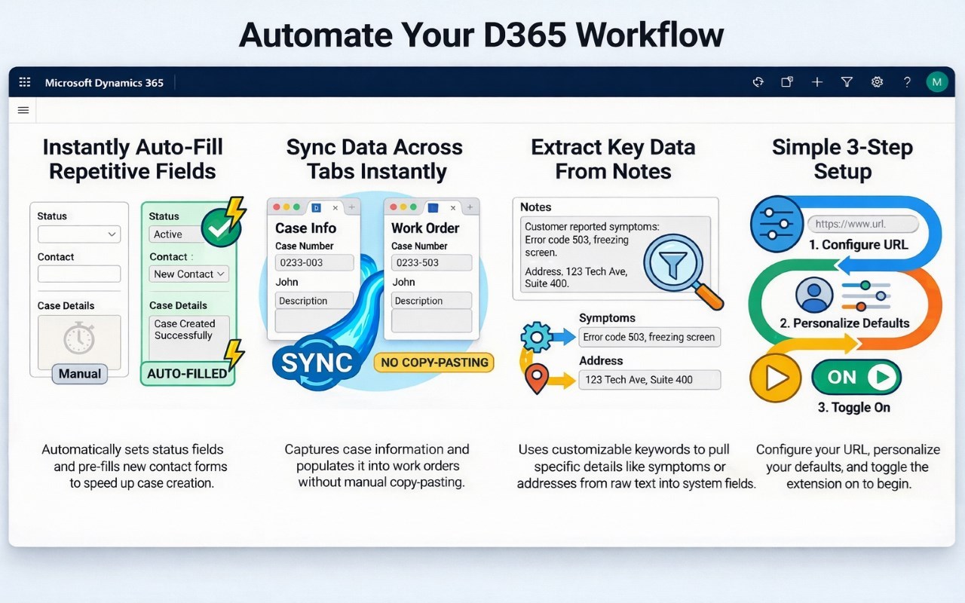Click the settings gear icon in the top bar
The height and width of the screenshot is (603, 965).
(877, 82)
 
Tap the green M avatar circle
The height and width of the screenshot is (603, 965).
(936, 82)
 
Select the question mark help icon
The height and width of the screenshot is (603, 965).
(907, 82)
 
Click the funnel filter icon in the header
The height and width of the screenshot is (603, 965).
(847, 82)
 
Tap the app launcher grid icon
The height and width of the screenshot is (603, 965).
(25, 82)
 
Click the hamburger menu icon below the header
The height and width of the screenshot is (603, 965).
(23, 110)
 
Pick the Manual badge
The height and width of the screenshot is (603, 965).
(80, 373)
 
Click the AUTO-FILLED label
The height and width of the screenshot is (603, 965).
(188, 373)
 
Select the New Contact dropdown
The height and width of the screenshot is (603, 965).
(188, 274)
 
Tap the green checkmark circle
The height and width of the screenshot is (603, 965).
(221, 228)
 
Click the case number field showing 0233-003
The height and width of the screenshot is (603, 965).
(314, 263)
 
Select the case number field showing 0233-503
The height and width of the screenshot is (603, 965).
(431, 263)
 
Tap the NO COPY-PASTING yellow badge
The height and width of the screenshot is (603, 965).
(434, 363)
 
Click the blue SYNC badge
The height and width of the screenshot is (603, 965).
(317, 363)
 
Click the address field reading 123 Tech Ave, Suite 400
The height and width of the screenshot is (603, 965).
(649, 379)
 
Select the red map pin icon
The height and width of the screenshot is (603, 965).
(537, 378)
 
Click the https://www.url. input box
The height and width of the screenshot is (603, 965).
(863, 224)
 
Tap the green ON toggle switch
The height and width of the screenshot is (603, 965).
(856, 378)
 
